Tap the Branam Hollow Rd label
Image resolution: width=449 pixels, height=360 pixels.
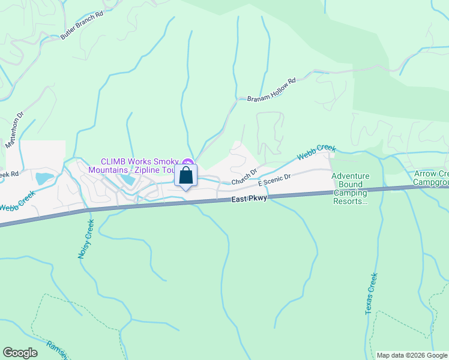pos(272,90)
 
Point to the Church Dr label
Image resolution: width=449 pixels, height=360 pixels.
pos(244,176)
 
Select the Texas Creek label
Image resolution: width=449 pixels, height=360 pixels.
pos(372,294)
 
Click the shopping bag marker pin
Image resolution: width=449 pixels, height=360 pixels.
pos(186,176)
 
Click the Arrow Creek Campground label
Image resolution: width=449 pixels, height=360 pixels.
pos(431,177)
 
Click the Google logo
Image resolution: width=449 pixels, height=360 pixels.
pos(20,353)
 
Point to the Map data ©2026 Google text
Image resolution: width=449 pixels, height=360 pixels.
pos(412,355)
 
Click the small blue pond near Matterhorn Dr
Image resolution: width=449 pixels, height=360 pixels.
pos(44,178)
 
